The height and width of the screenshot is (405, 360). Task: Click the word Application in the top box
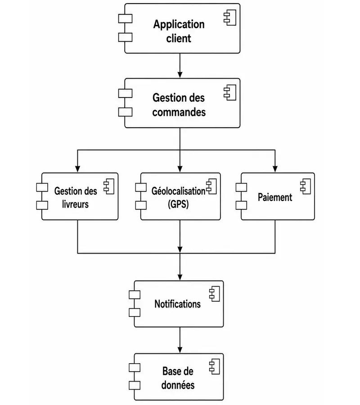coord(179,25)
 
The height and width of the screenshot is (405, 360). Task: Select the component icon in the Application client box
coord(230,18)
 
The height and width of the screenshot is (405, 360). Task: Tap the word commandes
coord(179,112)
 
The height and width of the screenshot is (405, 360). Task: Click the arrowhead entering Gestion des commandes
coord(180,75)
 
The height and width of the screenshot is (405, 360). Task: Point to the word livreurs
coord(75,205)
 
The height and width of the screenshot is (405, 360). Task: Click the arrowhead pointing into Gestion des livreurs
coord(77,169)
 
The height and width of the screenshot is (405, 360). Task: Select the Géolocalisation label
coord(179,191)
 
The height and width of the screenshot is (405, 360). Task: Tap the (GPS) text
coord(178,205)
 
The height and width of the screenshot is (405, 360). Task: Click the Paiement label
coord(275,197)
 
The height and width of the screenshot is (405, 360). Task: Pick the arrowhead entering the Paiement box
coord(275,169)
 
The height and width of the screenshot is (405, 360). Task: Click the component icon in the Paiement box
coord(306,186)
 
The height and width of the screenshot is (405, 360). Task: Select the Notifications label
coord(178,304)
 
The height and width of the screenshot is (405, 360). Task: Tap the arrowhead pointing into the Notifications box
coord(180,277)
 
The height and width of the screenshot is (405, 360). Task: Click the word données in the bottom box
coord(178,385)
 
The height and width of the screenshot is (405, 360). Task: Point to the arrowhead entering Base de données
coord(180,350)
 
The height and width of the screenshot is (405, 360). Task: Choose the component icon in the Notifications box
coord(214,294)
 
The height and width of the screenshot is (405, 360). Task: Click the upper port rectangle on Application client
coord(126,18)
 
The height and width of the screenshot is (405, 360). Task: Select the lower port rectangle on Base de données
coord(135,385)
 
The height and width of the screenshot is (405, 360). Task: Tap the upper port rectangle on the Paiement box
coord(241,187)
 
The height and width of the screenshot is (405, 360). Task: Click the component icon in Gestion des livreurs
coord(109,186)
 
